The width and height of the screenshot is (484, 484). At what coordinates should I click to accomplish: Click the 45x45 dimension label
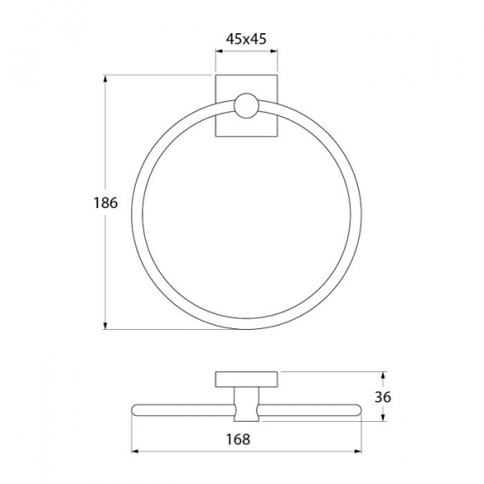(246, 40)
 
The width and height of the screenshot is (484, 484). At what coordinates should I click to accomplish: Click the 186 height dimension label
(106, 202)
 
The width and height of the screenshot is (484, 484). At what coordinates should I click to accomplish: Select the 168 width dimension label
(238, 439)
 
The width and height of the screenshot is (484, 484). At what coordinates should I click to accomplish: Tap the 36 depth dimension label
(382, 397)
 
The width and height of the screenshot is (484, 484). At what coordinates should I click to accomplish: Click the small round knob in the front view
(246, 105)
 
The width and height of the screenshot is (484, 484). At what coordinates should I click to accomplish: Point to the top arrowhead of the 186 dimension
(106, 79)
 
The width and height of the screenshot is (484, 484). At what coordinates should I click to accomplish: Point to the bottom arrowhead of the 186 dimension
(106, 325)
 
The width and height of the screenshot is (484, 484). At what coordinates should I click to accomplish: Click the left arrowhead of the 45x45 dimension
(219, 52)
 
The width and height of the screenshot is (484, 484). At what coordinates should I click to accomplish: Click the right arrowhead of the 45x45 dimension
(273, 52)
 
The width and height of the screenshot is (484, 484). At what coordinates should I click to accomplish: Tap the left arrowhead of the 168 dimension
(136, 452)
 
